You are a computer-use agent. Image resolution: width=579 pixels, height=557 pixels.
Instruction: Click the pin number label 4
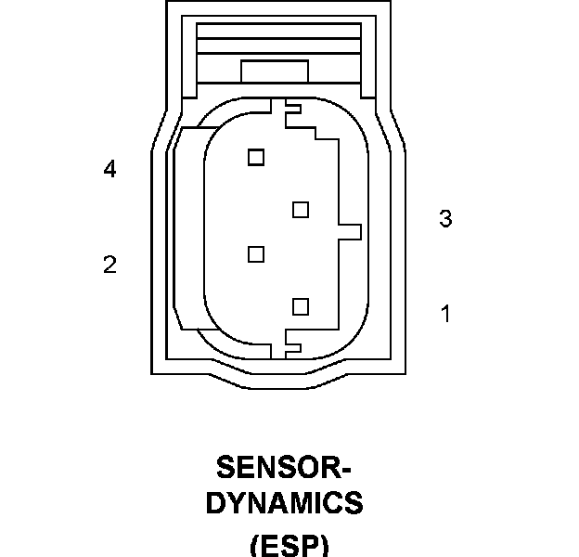109,169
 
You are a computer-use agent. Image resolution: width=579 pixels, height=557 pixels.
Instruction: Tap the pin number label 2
109,265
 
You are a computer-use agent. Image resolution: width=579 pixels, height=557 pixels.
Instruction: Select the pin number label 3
445,218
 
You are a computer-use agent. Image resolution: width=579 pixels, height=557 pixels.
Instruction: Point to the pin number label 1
446,314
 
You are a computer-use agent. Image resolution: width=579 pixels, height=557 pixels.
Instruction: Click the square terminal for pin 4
256,157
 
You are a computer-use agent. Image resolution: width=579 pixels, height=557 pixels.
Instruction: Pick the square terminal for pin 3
301,210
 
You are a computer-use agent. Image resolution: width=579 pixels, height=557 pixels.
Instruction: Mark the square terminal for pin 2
256,254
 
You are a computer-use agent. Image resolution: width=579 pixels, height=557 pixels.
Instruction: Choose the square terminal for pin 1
301,307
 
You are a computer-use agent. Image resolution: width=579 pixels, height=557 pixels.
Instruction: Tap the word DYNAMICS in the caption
284,502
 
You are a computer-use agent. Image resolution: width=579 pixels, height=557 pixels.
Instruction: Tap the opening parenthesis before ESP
254,545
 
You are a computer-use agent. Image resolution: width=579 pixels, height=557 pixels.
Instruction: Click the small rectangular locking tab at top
275,71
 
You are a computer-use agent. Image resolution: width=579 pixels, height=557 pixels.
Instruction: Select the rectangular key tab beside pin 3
350,232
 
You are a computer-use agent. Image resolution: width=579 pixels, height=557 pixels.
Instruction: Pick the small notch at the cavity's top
293,109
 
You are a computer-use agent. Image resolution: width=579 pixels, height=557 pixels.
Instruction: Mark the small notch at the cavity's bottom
293,348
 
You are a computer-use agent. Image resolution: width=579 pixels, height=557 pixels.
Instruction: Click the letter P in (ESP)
311,545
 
